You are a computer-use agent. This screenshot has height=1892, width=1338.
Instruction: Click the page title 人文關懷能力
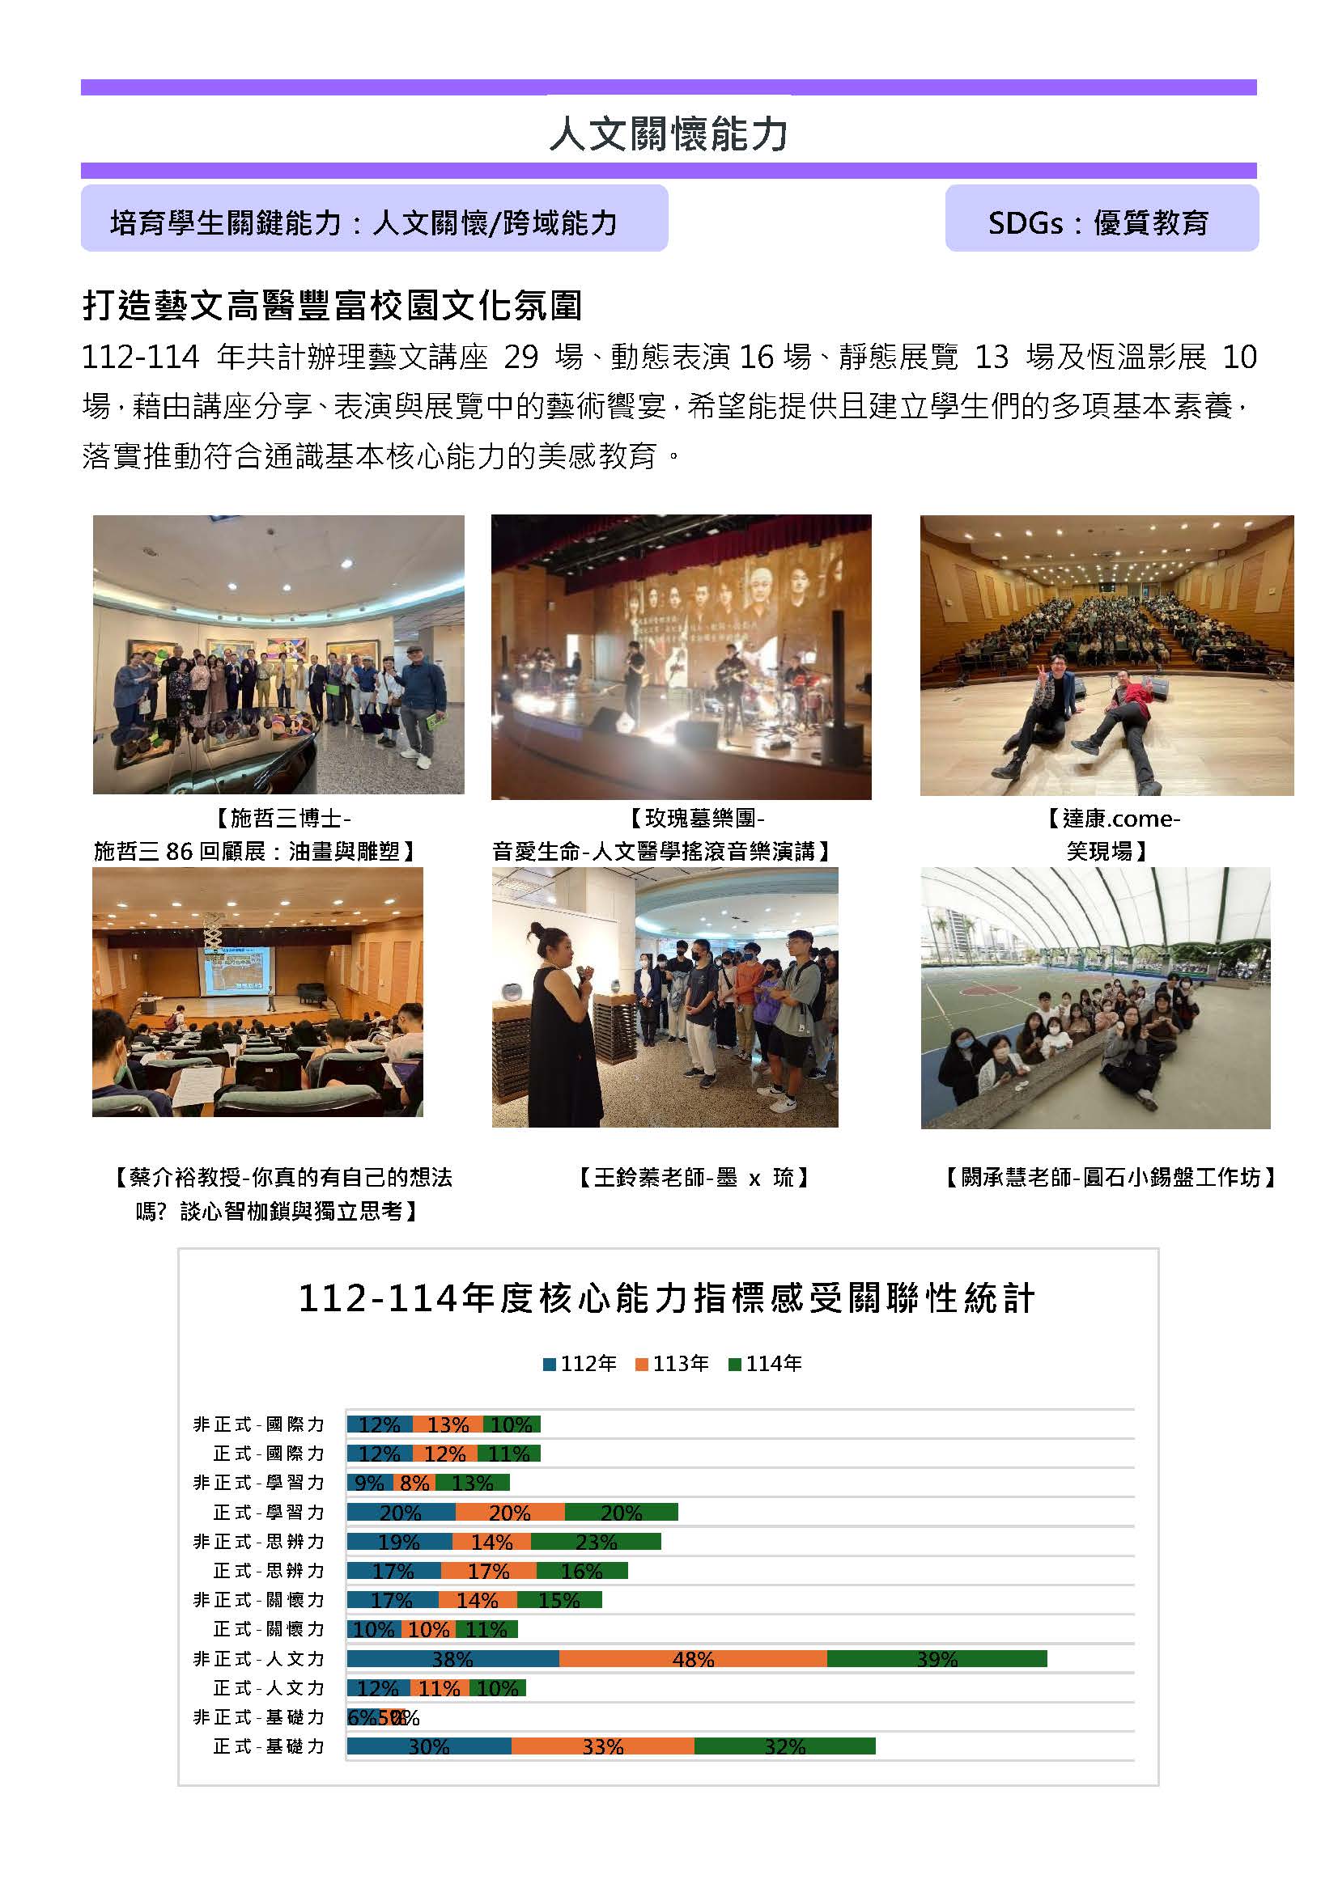669,133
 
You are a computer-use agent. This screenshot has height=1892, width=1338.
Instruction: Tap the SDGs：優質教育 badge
1101,222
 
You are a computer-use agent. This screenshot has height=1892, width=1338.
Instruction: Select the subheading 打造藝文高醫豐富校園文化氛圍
332,306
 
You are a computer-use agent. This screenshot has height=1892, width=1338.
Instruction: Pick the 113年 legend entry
672,1364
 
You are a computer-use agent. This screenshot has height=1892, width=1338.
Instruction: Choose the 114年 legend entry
765,1364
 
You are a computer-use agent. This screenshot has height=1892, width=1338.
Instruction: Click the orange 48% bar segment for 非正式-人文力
693,1659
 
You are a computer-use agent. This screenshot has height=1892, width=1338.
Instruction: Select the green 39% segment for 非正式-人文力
937,1659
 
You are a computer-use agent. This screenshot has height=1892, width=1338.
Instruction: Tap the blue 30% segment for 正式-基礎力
429,1747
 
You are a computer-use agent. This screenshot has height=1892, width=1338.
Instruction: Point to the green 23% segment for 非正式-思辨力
596,1542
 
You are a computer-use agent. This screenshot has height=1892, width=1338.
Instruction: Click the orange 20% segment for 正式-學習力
509,1512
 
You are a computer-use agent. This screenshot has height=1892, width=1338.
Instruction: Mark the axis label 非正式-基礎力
259,1717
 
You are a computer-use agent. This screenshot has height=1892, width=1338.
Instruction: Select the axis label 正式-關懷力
269,1629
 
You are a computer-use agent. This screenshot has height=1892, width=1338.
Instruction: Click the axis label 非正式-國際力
259,1424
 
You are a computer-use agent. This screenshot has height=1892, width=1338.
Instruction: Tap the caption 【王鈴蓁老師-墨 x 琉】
693,1178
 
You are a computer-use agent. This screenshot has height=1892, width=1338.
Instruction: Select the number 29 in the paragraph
520,357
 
